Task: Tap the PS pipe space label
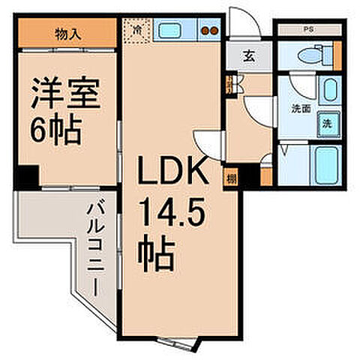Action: [x=308, y=30]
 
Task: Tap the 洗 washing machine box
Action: [x=328, y=124]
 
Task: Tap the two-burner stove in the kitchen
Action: [x=209, y=32]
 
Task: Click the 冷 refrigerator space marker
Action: [x=136, y=31]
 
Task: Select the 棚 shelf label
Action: [x=232, y=178]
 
